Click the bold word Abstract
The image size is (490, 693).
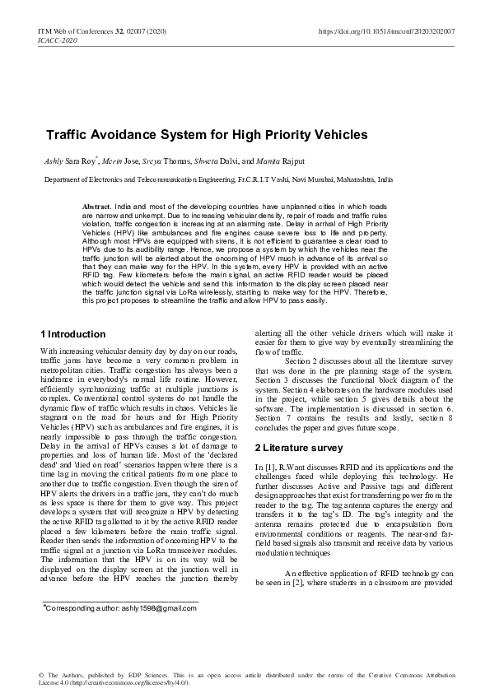98,205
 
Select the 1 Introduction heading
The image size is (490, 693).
73,334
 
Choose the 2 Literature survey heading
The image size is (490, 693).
298,448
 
